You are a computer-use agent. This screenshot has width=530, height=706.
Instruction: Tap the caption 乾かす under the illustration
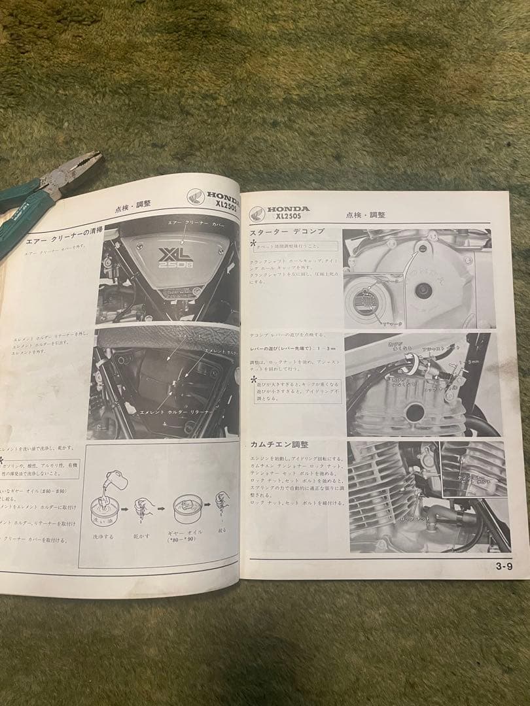(143, 536)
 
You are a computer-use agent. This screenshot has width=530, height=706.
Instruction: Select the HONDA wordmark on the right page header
(289, 209)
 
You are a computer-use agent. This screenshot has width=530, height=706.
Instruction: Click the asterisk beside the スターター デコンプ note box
(253, 243)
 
